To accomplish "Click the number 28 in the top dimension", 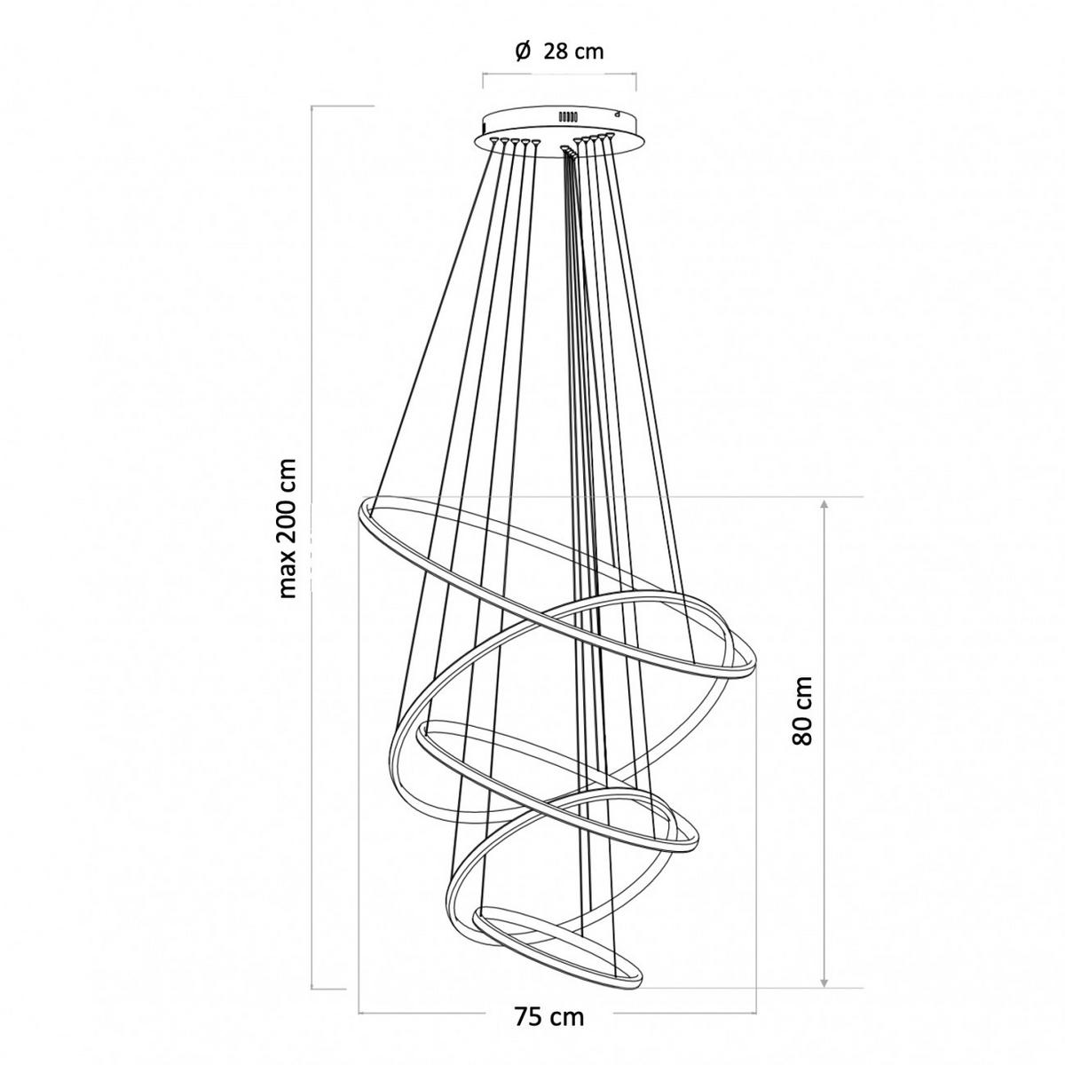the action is coord(555,51).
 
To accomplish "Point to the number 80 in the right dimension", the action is coord(802,732).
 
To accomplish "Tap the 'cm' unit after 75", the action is coord(566,987).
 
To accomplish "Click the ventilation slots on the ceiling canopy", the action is coord(567,116).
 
